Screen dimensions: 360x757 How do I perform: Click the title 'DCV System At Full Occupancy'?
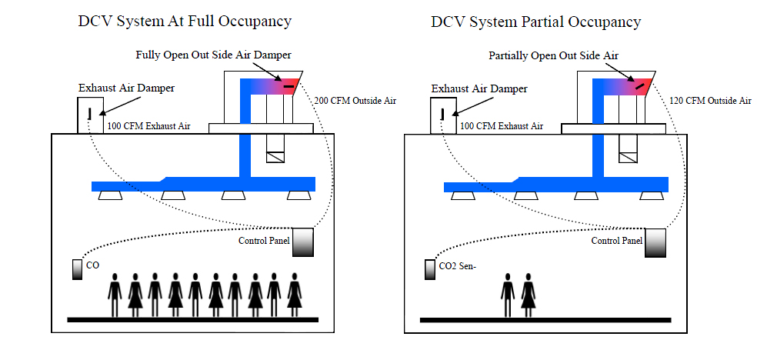point(185,22)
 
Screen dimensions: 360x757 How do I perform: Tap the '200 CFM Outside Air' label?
point(355,101)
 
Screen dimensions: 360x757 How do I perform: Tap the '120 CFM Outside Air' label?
point(709,101)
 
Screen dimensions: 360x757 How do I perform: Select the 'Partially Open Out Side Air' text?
point(553,55)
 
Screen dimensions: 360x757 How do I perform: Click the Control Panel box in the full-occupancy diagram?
point(302,242)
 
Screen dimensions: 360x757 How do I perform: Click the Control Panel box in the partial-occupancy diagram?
point(655,242)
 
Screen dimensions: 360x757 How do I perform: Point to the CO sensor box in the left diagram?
point(77,270)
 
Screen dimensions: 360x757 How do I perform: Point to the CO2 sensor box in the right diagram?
point(430,270)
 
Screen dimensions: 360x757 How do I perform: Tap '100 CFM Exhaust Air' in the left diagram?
point(148,125)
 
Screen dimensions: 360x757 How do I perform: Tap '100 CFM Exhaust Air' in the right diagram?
point(502,125)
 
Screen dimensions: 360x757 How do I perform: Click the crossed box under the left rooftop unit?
point(275,156)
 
